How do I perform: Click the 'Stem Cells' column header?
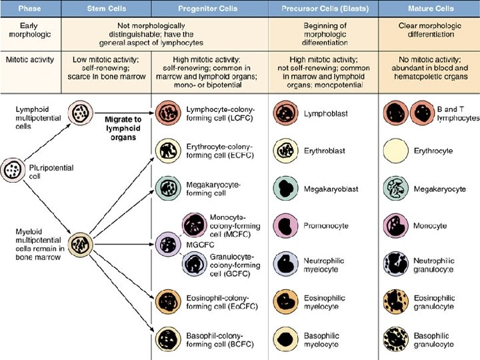pyautogui.click(x=107, y=9)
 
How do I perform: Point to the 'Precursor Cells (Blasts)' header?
pyautogui.click(x=323, y=9)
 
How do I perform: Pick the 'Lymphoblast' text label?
pyautogui.click(x=323, y=114)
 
